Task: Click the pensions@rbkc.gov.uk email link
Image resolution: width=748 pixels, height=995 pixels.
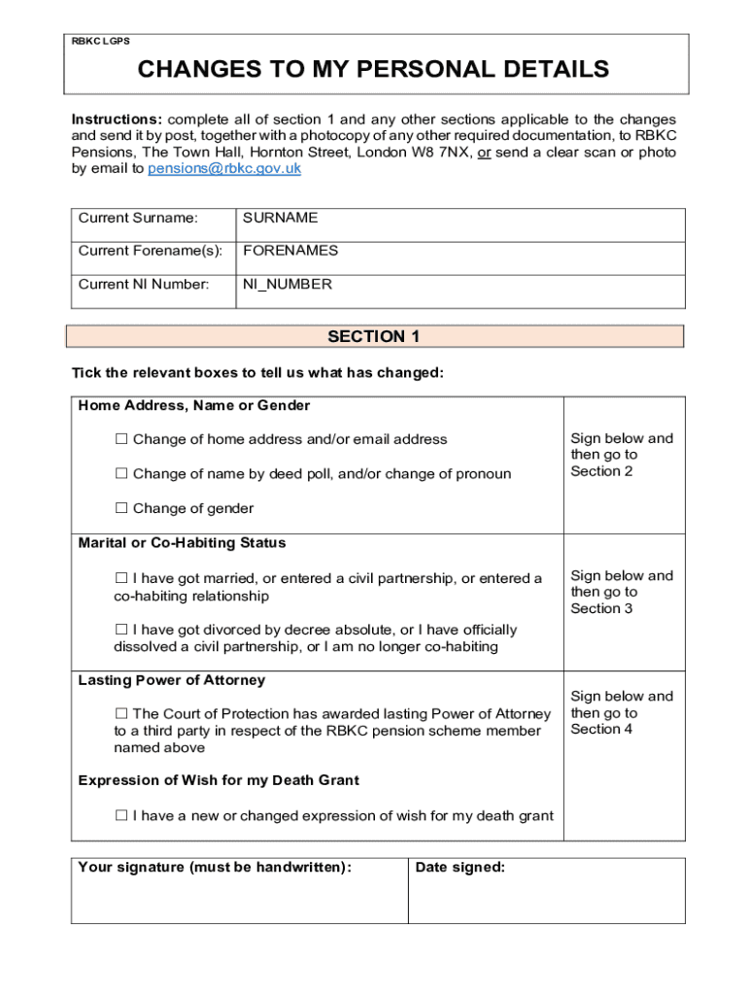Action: [224, 168]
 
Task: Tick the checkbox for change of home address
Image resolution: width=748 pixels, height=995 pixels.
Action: [121, 439]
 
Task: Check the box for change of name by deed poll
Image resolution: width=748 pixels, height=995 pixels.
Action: [121, 474]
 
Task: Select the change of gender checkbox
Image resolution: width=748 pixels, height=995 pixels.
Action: [121, 508]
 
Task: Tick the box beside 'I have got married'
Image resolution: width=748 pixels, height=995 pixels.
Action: [121, 579]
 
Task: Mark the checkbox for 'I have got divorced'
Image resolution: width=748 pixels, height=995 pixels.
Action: [121, 631]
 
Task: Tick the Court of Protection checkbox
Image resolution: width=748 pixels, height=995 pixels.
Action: [121, 714]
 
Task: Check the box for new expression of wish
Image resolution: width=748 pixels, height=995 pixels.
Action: [121, 816]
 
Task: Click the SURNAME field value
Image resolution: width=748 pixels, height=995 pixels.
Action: [280, 219]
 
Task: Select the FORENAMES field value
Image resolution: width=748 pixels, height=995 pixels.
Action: [290, 251]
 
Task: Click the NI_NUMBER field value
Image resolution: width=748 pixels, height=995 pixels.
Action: [287, 285]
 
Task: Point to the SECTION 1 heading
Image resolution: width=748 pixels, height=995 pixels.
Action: [374, 337]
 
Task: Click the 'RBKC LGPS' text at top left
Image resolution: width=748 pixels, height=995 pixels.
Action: [101, 42]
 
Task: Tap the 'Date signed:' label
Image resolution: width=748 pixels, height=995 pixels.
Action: [459, 868]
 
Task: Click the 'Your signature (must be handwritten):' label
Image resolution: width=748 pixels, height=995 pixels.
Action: [215, 868]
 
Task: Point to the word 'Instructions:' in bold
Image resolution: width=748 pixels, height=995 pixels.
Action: [116, 120]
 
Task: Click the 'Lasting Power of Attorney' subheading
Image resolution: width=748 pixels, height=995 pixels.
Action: [171, 680]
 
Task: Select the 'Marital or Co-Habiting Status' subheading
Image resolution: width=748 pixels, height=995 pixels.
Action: [182, 543]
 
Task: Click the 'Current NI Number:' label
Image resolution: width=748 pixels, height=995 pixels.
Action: [144, 285]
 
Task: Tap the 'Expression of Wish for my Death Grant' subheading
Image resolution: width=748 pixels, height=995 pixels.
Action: [219, 780]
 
